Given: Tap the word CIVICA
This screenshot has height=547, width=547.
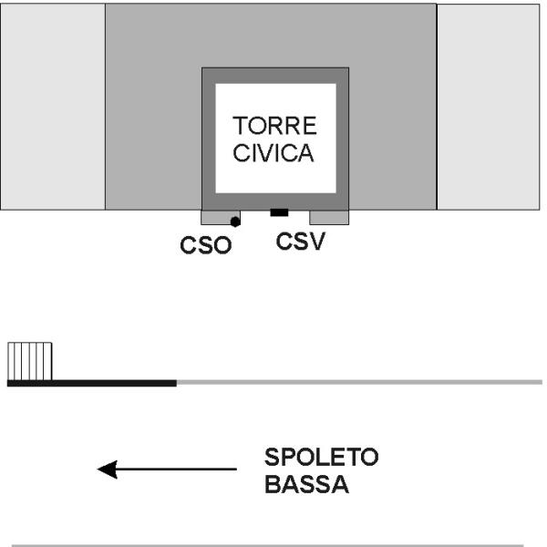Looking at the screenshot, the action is tap(274, 152).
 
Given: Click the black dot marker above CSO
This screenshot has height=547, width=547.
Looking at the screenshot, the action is tap(235, 221).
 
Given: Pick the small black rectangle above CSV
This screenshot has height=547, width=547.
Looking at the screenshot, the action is tap(279, 213).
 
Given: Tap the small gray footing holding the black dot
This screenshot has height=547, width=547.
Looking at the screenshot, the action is tap(217, 218).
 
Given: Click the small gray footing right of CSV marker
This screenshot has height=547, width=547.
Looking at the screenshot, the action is tap(329, 218).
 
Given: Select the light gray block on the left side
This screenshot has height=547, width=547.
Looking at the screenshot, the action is tap(53, 107).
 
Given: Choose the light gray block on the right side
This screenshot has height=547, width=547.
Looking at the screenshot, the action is tap(491, 107).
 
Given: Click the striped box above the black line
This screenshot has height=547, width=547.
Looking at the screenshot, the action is tap(28, 361).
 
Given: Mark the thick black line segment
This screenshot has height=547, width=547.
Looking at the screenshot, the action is tap(91, 383).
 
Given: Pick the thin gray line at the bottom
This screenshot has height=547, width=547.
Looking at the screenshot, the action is tap(273, 545).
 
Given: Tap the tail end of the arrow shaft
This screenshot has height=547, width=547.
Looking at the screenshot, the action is tap(233, 470).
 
